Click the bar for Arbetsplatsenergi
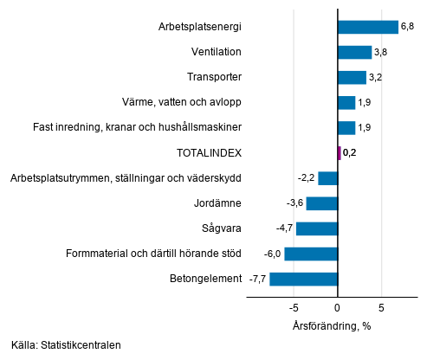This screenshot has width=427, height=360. coord(367,27)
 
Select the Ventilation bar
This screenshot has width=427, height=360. coord(354,52)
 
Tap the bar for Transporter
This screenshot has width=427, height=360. coord(352,77)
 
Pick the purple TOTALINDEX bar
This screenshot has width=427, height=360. coord(339,153)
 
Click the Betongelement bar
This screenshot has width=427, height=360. coord(303,279)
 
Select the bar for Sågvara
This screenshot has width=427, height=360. coord(316,228)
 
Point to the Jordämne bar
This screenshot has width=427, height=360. coord(321,203)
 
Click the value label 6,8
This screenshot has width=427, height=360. coord(406,27)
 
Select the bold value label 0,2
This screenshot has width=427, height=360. coord(350,153)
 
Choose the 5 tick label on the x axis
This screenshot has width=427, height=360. coord(381,308)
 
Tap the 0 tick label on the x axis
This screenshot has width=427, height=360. coord(337,308)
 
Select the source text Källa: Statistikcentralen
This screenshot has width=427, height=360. coord(66,344)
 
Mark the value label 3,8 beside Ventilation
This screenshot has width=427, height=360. coord(380,52)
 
